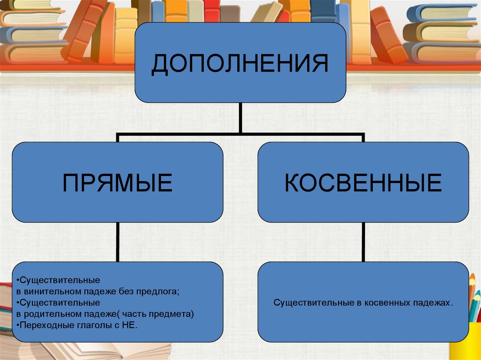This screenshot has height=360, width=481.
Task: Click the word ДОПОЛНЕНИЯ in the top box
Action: tap(240, 64)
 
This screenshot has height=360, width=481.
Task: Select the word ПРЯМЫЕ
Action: tap(117, 183)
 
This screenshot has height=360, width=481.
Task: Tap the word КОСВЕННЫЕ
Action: tap(363, 183)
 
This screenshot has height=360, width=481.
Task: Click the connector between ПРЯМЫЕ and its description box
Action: tap(117, 242)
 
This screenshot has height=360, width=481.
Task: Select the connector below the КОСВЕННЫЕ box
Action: tap(363, 242)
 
